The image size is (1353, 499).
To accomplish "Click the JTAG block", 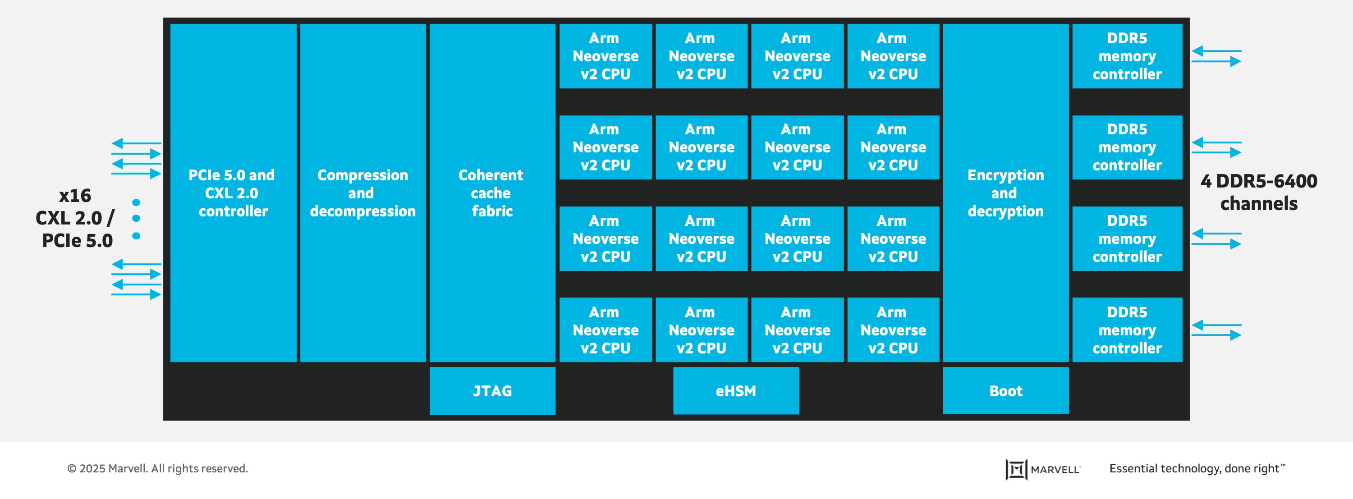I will click(x=492, y=391).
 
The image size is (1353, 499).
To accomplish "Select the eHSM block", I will click(x=735, y=391).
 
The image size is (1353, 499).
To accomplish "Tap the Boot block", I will click(x=1005, y=391).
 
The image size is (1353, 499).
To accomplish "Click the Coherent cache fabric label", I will click(x=491, y=193).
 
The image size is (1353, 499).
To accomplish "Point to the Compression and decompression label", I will click(x=362, y=193).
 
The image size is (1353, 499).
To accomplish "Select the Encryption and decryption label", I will click(x=1005, y=193).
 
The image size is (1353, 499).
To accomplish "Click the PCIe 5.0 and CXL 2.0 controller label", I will click(x=232, y=193).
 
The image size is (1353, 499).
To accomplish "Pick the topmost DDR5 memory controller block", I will click(x=1127, y=56).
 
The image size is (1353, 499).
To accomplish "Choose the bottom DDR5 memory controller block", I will click(x=1127, y=330).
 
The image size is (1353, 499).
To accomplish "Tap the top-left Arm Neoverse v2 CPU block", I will click(x=605, y=56).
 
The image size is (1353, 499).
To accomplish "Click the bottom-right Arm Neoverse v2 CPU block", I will click(x=893, y=330).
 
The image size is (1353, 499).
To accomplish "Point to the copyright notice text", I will click(x=157, y=468).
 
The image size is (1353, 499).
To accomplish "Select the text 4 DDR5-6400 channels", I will click(x=1258, y=192).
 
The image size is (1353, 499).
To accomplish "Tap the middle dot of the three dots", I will click(x=136, y=219).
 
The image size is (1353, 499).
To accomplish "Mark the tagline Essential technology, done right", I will click(x=1197, y=468).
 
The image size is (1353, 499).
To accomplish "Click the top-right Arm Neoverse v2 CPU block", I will click(x=893, y=56).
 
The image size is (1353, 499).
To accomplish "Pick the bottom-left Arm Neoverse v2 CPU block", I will click(x=605, y=330).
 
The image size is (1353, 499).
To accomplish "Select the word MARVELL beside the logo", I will click(x=1055, y=470).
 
